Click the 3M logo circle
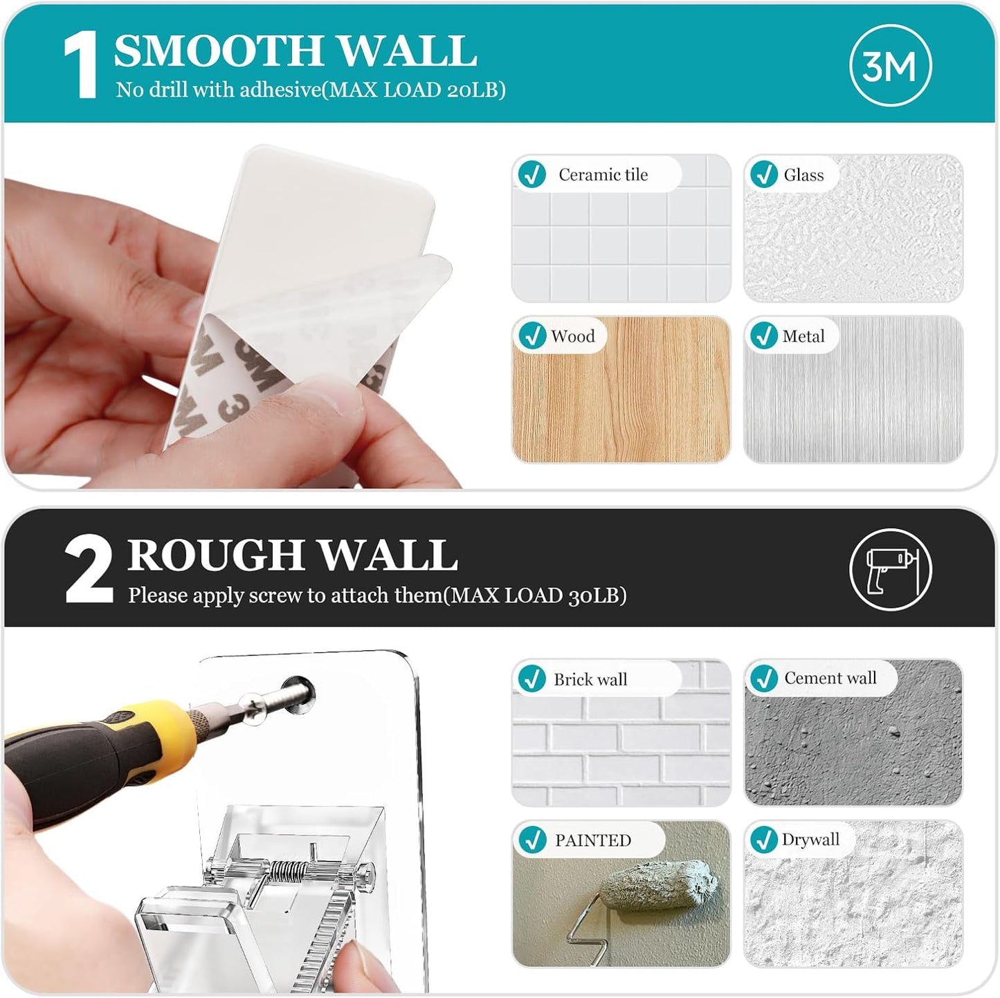pyautogui.click(x=890, y=66)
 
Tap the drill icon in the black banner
pyautogui.click(x=890, y=569)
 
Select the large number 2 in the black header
pyautogui.click(x=89, y=569)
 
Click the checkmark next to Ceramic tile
pyautogui.click(x=532, y=174)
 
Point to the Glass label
pyautogui.click(x=803, y=175)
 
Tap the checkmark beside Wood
pyautogui.click(x=532, y=336)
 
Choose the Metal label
pyautogui.click(x=803, y=336)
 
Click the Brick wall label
pyautogui.click(x=590, y=679)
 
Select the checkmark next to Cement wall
pyautogui.click(x=764, y=678)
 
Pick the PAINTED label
pyautogui.click(x=593, y=840)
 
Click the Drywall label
pyautogui.click(x=810, y=840)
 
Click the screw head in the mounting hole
pyautogui.click(x=298, y=692)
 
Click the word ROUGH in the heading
pyautogui.click(x=215, y=555)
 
